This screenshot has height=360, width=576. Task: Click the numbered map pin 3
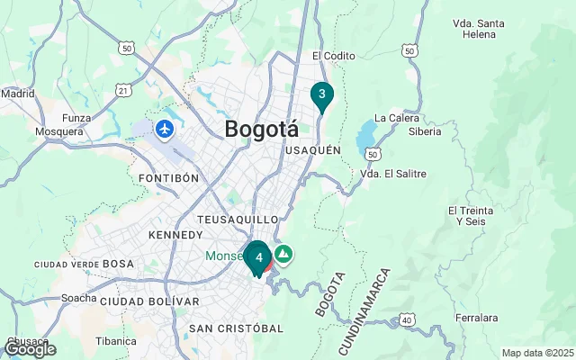tap(321, 94)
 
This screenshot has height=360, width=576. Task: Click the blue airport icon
tap(164, 130)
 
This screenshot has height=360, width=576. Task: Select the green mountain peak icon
tap(283, 255)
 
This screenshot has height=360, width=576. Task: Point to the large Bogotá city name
tap(261, 129)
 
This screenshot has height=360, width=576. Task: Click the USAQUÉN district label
tap(312, 151)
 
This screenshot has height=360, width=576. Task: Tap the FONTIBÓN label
tap(168, 178)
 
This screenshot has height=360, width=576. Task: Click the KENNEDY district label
tap(175, 235)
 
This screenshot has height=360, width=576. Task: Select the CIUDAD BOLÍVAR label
tap(149, 301)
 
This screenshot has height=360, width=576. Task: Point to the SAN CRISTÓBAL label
tap(236, 328)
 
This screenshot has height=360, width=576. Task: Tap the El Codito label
tap(334, 56)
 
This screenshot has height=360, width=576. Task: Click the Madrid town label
tap(17, 93)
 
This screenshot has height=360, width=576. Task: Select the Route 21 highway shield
tap(124, 89)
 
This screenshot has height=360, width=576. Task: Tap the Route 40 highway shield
tap(408, 319)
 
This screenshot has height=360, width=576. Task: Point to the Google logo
tap(30, 349)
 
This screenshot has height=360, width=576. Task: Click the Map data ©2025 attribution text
tap(537, 353)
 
